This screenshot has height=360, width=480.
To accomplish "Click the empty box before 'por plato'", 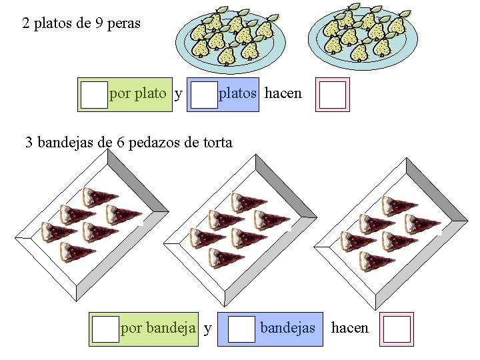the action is [x=94, y=95].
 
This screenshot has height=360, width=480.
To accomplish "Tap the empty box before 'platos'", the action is [x=204, y=95].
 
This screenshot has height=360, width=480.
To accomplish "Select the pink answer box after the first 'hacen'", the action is [x=332, y=95].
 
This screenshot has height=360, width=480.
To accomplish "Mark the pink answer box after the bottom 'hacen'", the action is [x=397, y=329].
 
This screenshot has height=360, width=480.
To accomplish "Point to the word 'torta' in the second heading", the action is [x=215, y=142].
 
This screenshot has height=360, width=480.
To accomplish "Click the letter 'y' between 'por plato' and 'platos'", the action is [x=178, y=94].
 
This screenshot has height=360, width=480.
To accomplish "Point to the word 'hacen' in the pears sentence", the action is [x=283, y=93].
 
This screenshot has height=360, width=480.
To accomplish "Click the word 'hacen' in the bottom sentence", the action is [x=349, y=328].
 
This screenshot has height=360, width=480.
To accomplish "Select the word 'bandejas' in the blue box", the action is [x=287, y=328].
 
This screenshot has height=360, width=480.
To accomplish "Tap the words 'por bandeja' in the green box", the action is [x=158, y=328].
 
